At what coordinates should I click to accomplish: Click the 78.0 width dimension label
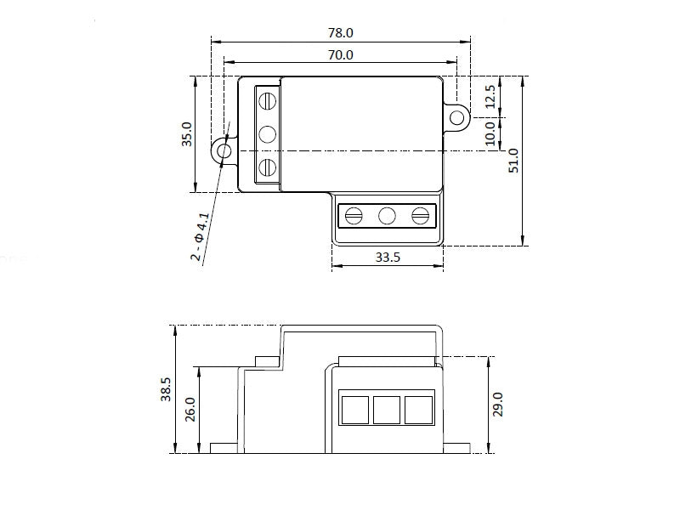click(x=341, y=33)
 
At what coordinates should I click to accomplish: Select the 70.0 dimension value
click(x=341, y=55)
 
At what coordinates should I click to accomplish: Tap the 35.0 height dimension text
click(x=186, y=134)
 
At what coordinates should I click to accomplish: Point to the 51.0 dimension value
click(x=513, y=161)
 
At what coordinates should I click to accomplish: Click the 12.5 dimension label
click(x=490, y=97)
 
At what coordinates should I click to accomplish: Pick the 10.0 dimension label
click(x=490, y=133)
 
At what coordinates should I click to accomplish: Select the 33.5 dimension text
click(x=388, y=258)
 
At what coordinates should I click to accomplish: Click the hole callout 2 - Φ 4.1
click(x=201, y=237)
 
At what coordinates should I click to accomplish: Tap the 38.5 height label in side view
click(x=166, y=389)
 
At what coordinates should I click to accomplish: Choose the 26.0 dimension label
click(x=190, y=410)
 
